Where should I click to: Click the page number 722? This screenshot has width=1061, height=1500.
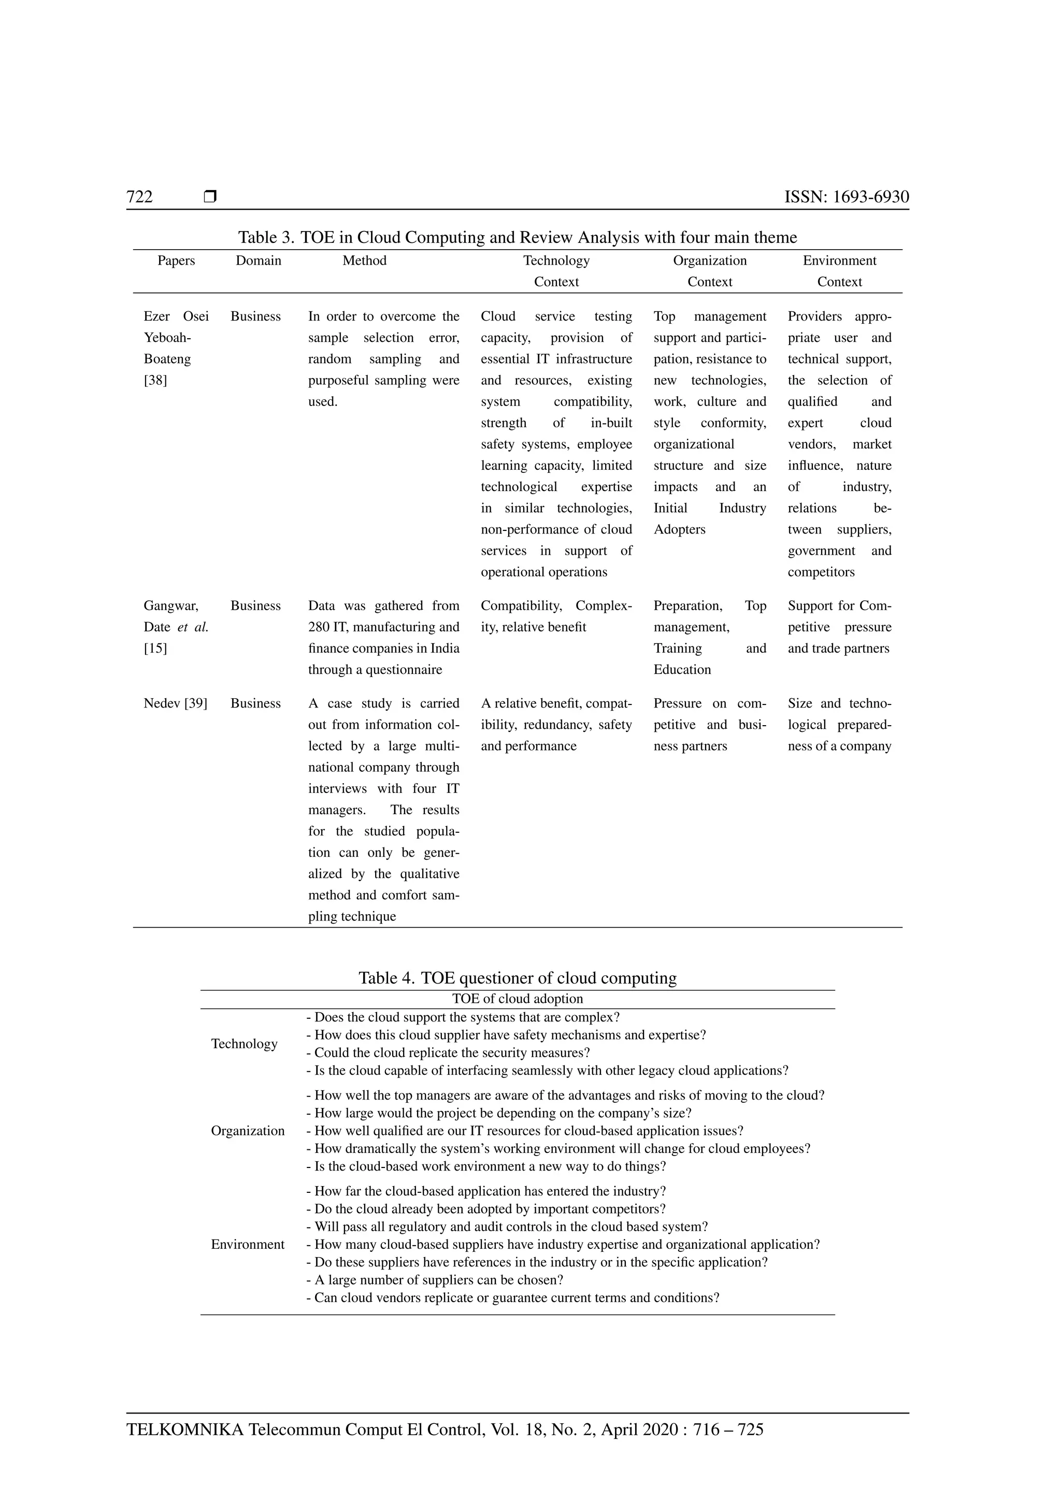coord(139,197)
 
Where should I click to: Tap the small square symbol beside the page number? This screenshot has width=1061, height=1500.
coord(210,196)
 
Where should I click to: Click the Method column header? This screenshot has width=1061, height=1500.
coord(365,261)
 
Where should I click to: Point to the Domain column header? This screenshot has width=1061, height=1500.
coord(258,261)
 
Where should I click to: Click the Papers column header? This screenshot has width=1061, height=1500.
coord(176,261)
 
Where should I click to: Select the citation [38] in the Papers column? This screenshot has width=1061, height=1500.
coord(155,380)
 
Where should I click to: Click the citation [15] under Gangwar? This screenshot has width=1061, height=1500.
coord(155,648)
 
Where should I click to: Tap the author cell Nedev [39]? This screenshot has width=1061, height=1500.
coord(175,703)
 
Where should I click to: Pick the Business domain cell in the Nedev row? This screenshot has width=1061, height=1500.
coord(255,703)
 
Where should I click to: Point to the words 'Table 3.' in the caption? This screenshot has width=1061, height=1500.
coord(266,237)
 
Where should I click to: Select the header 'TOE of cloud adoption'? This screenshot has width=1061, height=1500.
coord(517,999)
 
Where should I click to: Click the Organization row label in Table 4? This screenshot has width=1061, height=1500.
coord(248,1131)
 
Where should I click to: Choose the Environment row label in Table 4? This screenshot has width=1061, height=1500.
coord(248,1245)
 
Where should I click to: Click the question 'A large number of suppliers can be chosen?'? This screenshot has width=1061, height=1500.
coord(435,1280)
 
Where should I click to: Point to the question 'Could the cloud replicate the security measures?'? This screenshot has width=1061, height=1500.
coord(448,1052)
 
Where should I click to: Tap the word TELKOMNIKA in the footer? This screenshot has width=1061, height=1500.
coord(185,1430)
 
